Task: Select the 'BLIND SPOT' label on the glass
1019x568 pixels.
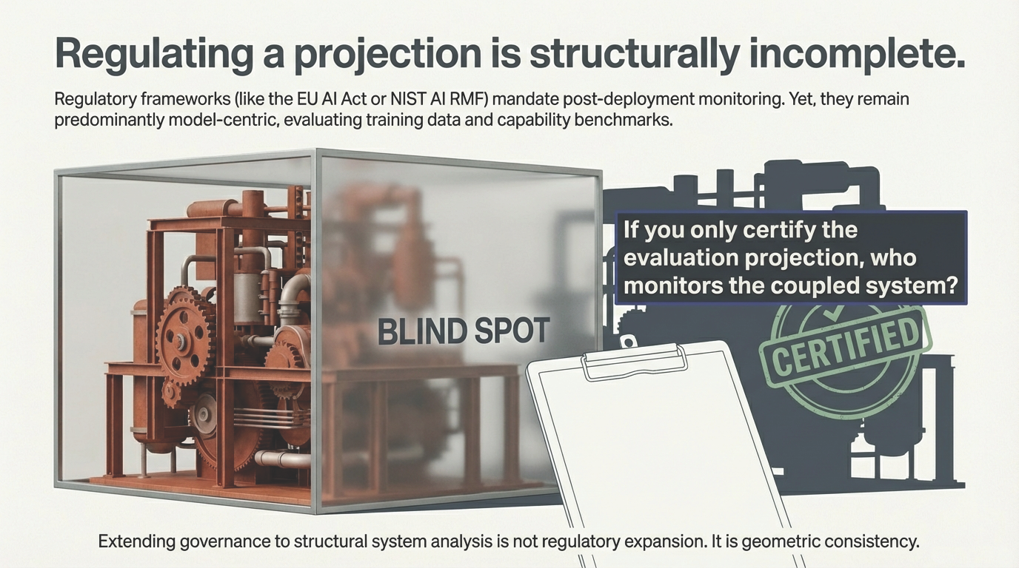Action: point(464,331)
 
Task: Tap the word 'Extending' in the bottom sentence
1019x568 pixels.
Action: point(137,541)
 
